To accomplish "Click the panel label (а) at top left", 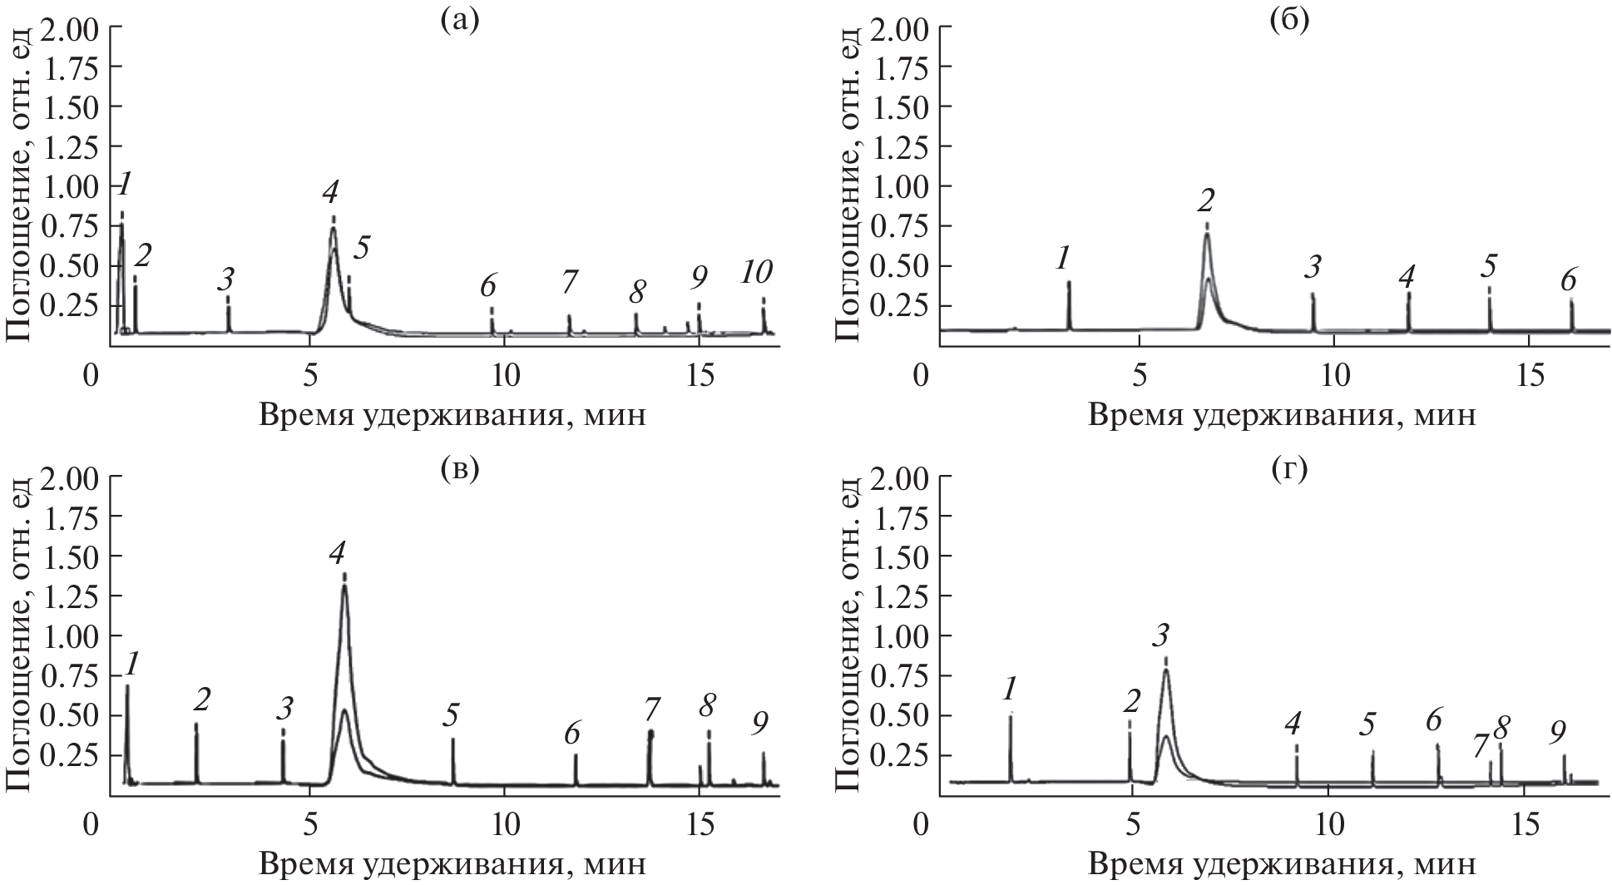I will tap(460, 18).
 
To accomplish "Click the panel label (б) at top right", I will tap(1289, 18).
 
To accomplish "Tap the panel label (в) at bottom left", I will tap(460, 468).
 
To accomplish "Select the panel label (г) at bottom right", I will tap(1289, 468).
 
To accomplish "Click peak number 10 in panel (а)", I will tap(757, 272).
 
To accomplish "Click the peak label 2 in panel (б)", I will tap(1206, 200).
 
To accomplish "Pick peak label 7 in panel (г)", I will tap(1481, 747).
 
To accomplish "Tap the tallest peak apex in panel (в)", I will tap(344, 586).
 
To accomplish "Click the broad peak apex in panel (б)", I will tap(1206, 235).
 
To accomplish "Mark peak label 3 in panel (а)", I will tap(225, 279).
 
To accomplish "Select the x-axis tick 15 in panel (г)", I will tap(1524, 825).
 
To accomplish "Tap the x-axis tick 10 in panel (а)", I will tap(504, 376).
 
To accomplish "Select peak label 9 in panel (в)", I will tap(759, 725).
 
